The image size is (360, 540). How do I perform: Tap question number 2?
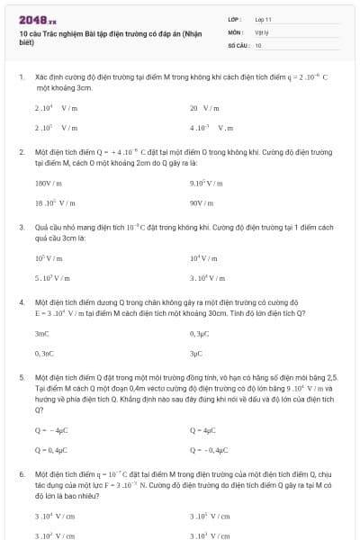(21, 152)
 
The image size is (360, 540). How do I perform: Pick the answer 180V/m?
(49, 182)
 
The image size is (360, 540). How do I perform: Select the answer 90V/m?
(202, 202)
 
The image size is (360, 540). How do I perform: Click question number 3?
(21, 228)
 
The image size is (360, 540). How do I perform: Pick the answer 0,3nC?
(44, 354)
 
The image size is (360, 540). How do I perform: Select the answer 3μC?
(197, 354)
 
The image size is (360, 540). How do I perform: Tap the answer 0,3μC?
(200, 334)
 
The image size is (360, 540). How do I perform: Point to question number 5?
(21, 379)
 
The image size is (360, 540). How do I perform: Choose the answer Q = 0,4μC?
(51, 448)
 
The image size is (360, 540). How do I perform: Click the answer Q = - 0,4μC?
(210, 448)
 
